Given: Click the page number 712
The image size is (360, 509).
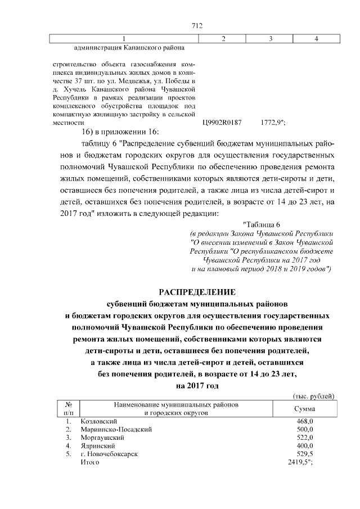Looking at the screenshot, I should (197, 25).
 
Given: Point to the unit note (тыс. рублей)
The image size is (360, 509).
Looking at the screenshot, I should (314, 397).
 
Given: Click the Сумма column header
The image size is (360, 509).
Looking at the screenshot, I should (304, 409).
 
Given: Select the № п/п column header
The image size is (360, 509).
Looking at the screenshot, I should (69, 409).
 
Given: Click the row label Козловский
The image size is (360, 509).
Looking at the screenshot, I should (98, 421).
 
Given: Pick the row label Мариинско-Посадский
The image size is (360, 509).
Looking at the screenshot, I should (116, 429).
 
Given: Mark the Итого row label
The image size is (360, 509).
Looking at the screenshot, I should (90, 462).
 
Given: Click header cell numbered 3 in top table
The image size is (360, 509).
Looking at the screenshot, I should (271, 38).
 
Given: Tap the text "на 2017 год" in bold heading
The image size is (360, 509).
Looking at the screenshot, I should (196, 385).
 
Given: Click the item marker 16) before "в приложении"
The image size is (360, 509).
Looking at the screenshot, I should (90, 132).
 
